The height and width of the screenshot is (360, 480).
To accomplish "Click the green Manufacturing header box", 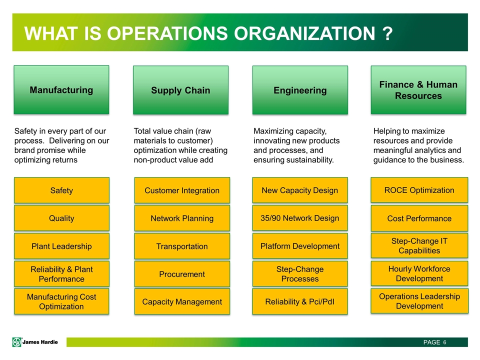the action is coord(61,89).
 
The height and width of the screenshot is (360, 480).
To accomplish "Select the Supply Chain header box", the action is coord(180,90).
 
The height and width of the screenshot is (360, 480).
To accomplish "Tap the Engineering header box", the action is coord(300,90).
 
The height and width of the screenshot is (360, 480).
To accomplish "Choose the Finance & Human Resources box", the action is coord(418,90).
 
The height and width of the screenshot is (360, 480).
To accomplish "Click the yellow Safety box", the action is coord(61,190).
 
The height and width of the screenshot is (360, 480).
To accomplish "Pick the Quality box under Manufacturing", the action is coord(61,218).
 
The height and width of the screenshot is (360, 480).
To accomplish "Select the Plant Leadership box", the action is coord(61,246).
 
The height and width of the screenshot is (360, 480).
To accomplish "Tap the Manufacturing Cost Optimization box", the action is coord(61,301).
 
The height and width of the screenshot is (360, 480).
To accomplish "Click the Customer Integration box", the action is coord(182,190).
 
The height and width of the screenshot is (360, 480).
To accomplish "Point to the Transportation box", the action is coord(182,246).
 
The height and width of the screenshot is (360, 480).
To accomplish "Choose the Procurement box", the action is coord(182,274).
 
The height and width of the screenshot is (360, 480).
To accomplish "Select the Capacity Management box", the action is coord(182,301).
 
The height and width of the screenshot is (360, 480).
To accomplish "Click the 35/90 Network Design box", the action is coord(300,218).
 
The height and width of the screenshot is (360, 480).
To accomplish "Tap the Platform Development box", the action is coord(300,246).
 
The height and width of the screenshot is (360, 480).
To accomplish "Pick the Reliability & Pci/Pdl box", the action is coord(300,301).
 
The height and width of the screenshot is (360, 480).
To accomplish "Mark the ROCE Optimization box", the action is coord(419,190).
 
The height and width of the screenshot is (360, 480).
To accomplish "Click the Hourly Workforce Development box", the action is coord(419,273).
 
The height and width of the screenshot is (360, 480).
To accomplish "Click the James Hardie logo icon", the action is coord(17,342).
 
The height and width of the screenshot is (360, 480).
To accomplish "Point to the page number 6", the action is coord(444,342).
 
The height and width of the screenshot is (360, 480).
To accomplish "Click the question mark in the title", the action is coord(387,33).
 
